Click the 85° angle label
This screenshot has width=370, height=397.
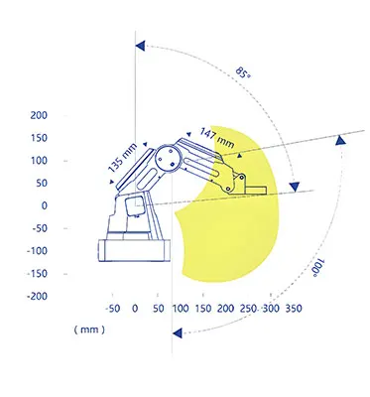click(x=243, y=72)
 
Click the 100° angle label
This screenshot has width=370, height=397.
click(x=318, y=268)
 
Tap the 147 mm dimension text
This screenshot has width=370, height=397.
click(x=217, y=138)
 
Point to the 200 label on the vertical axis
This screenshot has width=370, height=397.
click(x=39, y=115)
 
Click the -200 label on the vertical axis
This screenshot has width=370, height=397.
click(x=37, y=296)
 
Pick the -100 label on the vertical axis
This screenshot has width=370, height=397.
click(x=37, y=251)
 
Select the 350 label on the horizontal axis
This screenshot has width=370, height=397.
click(x=294, y=309)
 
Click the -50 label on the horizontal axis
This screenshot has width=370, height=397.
click(x=112, y=309)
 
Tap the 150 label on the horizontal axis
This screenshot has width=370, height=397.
click(x=202, y=309)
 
